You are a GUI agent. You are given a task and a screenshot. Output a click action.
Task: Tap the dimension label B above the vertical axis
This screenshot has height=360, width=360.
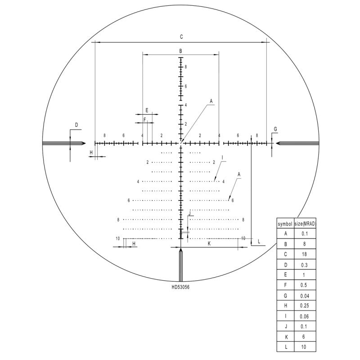pyautogui.click(x=180, y=51)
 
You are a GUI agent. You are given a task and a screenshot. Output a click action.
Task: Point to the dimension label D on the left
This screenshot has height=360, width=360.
pyautogui.click(x=76, y=125)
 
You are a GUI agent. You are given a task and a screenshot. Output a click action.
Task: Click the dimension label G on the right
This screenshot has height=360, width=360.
pyautogui.click(x=275, y=129)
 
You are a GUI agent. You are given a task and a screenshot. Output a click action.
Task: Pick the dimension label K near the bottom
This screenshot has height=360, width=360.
pyautogui.click(x=209, y=243)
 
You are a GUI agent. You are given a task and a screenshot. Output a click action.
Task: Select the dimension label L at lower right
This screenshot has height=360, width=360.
pyautogui.click(x=259, y=242)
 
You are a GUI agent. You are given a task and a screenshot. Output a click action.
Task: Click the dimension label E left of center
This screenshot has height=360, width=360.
pyautogui.click(x=146, y=110)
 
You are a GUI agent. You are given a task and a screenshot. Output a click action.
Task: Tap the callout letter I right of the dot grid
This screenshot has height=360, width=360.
pyautogui.click(x=222, y=157)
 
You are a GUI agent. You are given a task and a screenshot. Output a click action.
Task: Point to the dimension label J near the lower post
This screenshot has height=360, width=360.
pyautogui.click(x=190, y=212)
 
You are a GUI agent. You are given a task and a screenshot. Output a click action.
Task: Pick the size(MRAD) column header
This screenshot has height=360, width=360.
pyautogui.click(x=305, y=223)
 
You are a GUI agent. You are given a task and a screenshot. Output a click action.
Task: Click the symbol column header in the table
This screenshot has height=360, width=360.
pyautogui.click(x=285, y=223)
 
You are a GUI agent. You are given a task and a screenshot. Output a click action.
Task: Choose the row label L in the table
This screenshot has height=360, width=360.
pyautogui.click(x=285, y=346)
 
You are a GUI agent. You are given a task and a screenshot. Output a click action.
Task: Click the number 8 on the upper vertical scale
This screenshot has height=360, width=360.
pyautogui.click(x=185, y=67)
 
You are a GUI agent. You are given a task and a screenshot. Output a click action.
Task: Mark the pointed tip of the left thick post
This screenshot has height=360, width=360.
pyautogui.click(x=85, y=144)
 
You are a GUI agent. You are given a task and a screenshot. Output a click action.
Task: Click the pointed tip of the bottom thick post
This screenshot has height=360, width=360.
pyautogui.click(x=181, y=248)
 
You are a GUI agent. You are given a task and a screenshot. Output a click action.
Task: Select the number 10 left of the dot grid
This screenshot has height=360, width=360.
pyautogui.click(x=117, y=238)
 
